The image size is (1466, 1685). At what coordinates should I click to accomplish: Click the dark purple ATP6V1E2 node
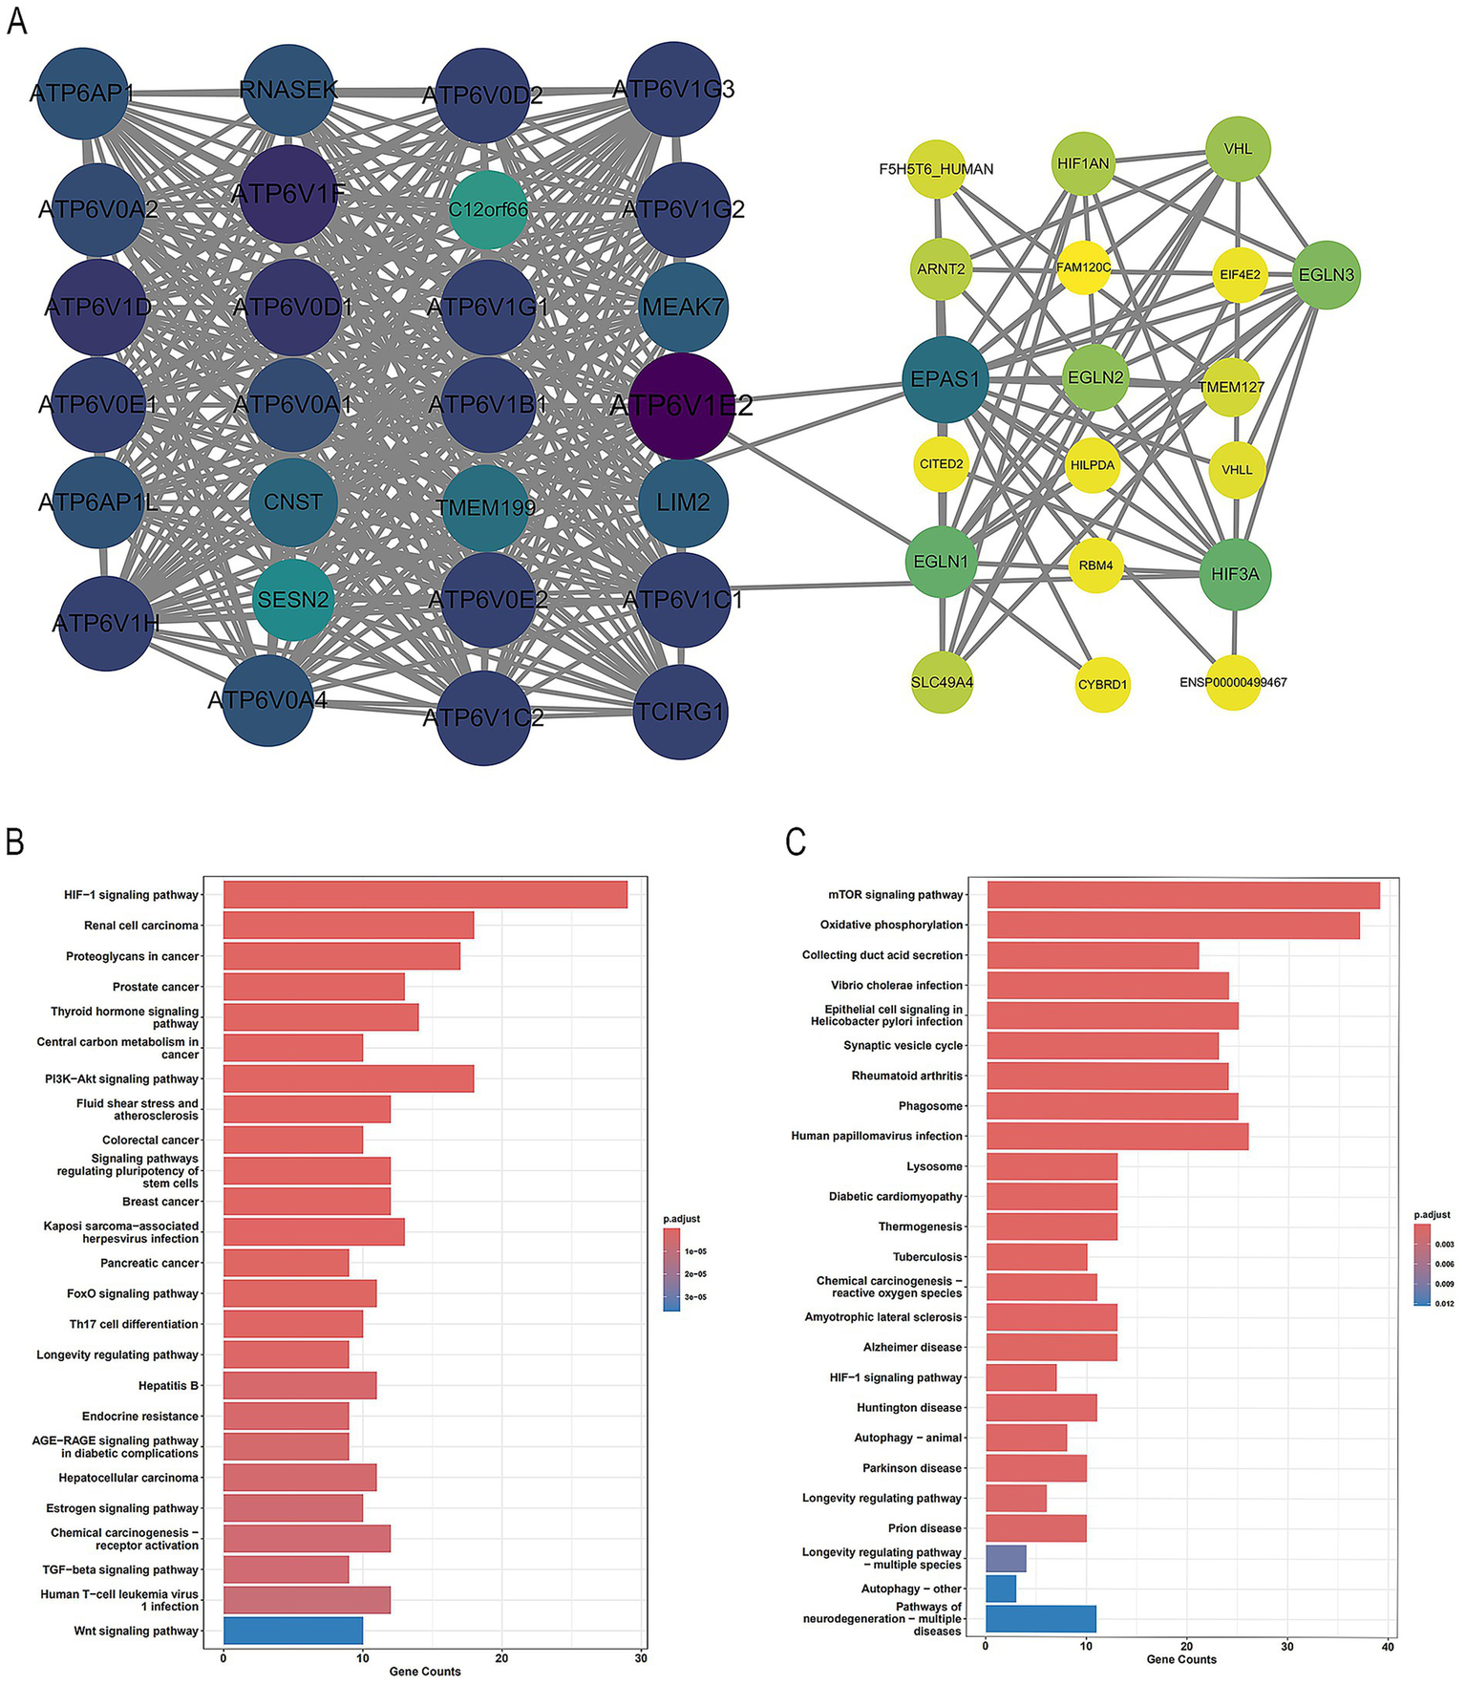tap(681, 405)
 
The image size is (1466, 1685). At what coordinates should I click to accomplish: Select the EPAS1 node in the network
tap(945, 379)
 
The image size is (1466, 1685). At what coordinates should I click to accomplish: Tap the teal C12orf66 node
tap(488, 209)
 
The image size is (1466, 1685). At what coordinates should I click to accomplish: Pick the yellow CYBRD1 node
tap(1102, 684)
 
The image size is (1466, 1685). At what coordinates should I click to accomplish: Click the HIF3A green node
tap(1235, 574)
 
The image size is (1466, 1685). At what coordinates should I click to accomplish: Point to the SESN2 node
tap(293, 600)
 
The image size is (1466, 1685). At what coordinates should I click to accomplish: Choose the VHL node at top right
tap(1238, 149)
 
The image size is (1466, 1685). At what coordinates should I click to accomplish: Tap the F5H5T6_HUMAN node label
tap(936, 169)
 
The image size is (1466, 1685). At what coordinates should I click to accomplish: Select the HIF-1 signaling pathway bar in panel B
tap(425, 895)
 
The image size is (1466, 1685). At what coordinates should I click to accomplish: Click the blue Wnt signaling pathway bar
tap(292, 1631)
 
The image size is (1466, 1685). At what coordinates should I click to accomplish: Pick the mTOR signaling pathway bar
tap(1182, 895)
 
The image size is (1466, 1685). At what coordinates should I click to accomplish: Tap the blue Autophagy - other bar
tap(1001, 1589)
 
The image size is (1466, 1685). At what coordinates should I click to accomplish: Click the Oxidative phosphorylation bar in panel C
tap(1173, 925)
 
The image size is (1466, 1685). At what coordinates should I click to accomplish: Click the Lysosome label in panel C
tap(934, 1166)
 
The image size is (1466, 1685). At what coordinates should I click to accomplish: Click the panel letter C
tap(795, 842)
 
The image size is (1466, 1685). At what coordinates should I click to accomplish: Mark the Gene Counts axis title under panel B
tap(424, 1671)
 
